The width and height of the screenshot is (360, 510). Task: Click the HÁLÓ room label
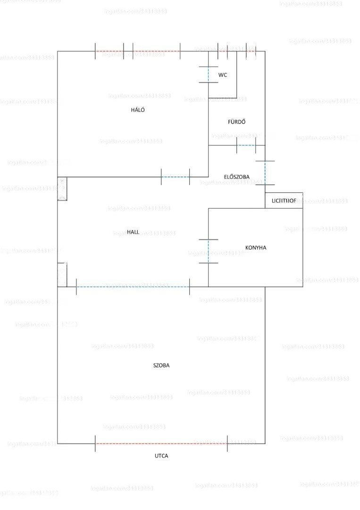coord(138,110)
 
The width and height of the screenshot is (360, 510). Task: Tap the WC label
coord(223,75)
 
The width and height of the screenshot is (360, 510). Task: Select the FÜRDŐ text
coord(236,122)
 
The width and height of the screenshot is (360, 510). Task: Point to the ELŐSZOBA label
coord(236,177)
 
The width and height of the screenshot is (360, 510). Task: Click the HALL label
coord(133,232)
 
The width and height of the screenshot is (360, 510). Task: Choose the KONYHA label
coord(256,247)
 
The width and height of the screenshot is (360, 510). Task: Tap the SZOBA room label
coord(161,365)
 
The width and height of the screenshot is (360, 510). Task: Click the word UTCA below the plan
coord(161,456)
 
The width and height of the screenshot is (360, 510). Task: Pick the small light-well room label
coord(284,201)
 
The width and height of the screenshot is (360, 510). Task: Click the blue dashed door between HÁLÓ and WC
coord(209,75)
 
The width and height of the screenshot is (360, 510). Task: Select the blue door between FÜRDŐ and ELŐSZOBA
coord(246,145)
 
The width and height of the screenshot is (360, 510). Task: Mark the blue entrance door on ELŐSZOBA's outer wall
coord(265,173)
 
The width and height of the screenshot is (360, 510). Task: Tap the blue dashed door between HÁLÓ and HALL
coord(175,177)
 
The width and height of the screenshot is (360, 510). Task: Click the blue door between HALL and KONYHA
coord(209,251)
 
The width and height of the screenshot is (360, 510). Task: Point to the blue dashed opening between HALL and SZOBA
coord(133,287)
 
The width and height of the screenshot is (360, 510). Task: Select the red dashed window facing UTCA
coord(161,443)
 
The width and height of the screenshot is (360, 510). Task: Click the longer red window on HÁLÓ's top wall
coord(156,51)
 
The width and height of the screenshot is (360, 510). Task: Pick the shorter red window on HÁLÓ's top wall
coord(109,51)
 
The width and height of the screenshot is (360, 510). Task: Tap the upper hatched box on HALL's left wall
coord(62,188)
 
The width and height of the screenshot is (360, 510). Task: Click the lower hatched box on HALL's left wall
coord(62,275)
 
